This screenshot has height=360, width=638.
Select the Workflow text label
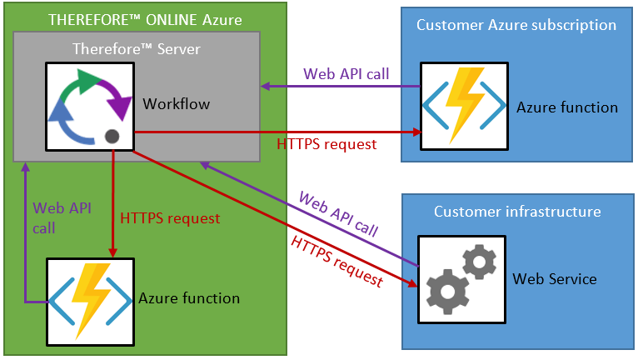(x=177, y=105)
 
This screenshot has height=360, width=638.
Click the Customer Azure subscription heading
(x=516, y=25)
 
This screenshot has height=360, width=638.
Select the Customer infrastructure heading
(x=517, y=212)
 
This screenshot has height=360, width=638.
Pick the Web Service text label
(x=555, y=279)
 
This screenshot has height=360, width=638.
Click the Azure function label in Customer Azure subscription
(x=567, y=107)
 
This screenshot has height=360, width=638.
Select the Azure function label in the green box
(x=189, y=298)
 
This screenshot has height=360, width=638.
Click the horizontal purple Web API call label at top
(x=344, y=73)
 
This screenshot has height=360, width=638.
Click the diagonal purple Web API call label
(x=338, y=214)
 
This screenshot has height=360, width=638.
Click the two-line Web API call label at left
(x=55, y=217)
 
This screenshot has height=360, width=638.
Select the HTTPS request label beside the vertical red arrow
(x=170, y=219)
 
